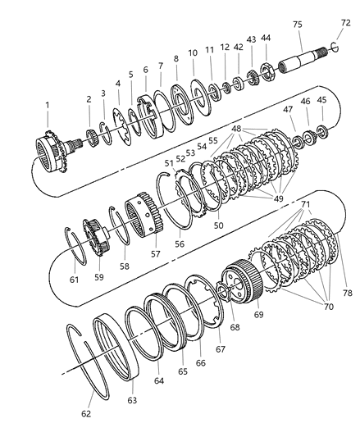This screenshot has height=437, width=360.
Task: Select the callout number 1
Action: click(48, 105)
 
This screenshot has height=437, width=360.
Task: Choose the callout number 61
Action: click(75, 279)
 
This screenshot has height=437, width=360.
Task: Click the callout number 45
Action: click(321, 100)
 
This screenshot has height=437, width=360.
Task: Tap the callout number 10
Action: click(194, 52)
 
